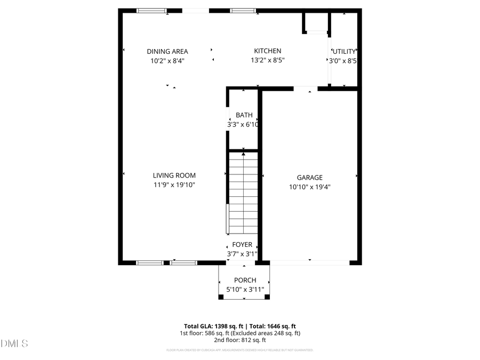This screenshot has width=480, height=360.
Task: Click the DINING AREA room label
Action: [x=167, y=51]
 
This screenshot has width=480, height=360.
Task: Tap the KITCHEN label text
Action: [x=267, y=51]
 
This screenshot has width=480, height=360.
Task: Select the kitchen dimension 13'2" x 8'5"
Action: [x=267, y=61]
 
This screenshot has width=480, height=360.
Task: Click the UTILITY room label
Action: [x=344, y=51]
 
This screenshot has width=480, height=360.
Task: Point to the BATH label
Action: [x=244, y=115]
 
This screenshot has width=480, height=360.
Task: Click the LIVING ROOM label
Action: [x=174, y=175]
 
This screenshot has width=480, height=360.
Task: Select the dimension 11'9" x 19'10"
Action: [x=174, y=186]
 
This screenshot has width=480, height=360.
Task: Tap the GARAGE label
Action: [x=310, y=178]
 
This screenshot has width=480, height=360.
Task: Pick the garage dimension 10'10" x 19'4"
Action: [x=310, y=187]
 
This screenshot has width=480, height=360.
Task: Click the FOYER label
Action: [x=242, y=245]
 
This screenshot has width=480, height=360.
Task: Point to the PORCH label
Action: [x=245, y=280]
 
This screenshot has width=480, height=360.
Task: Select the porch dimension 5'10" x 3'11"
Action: [x=245, y=290]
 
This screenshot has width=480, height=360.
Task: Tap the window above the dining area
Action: [x=151, y=10]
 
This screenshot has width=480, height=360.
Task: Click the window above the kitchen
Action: [x=243, y=10]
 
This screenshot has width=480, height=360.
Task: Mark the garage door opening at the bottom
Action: [x=310, y=262]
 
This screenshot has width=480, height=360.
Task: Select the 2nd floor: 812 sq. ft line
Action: [x=240, y=340]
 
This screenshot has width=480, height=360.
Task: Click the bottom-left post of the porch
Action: [x=221, y=297]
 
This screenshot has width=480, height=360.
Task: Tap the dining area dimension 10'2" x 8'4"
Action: [x=167, y=61]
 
